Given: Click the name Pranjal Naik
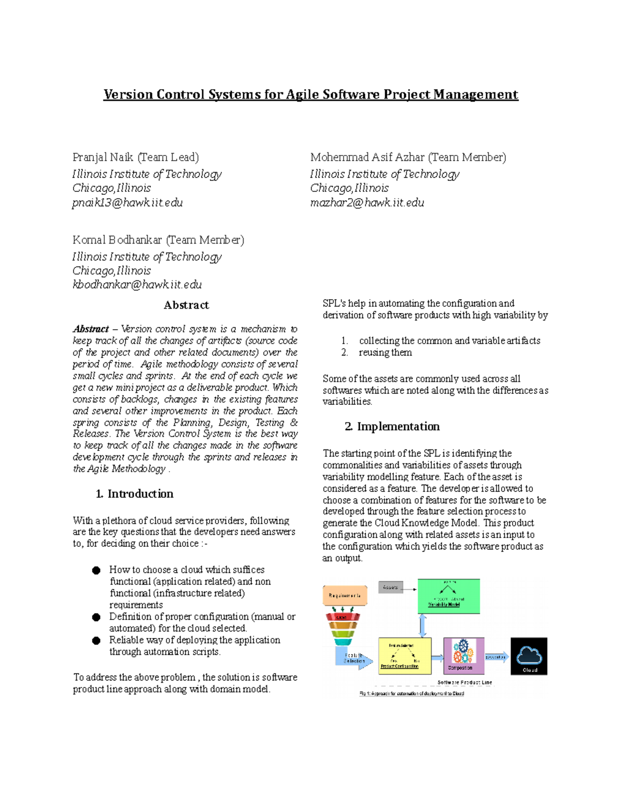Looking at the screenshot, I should pyautogui.click(x=103, y=157).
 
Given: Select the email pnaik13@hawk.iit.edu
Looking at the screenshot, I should pyautogui.click(x=128, y=203).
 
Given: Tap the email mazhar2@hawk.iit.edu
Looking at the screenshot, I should pyautogui.click(x=367, y=203).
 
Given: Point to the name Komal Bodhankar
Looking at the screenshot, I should pyautogui.click(x=117, y=240).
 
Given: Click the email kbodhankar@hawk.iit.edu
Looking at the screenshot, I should pyautogui.click(x=137, y=285).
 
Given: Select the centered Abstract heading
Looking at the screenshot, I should pyautogui.click(x=186, y=305).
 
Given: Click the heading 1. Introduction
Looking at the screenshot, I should pyautogui.click(x=135, y=493).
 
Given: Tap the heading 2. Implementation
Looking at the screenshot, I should pyautogui.click(x=392, y=427).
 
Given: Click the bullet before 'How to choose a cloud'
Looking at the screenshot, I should pyautogui.click(x=96, y=570).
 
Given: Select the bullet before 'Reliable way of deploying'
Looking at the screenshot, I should pyautogui.click(x=96, y=641).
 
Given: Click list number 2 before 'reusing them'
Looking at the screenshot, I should pyautogui.click(x=345, y=352).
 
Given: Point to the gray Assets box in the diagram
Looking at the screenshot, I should pyautogui.click(x=391, y=587).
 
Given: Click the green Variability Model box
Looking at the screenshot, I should pyautogui.click(x=448, y=596).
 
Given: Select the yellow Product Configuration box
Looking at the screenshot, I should pyautogui.click(x=404, y=655).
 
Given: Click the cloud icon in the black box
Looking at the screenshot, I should pyautogui.click(x=529, y=655).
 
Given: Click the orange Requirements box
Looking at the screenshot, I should pyautogui.click(x=345, y=596).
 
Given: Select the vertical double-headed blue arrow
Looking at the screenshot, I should pyautogui.click(x=423, y=626).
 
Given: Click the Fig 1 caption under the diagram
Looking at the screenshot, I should pyautogui.click(x=412, y=693).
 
